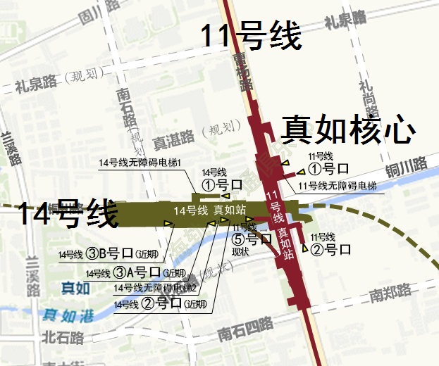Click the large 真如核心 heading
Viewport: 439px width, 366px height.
click(x=347, y=130)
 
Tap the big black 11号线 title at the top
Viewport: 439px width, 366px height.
click(x=252, y=36)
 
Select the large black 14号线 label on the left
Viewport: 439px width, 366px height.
click(x=67, y=213)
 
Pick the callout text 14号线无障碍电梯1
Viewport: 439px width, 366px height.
click(x=140, y=163)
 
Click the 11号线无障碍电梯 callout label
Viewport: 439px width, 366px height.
click(x=338, y=186)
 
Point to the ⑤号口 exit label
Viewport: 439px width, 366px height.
click(x=252, y=239)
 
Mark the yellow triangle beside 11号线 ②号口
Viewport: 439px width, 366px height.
click(x=304, y=247)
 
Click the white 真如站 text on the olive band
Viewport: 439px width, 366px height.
click(x=230, y=210)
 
